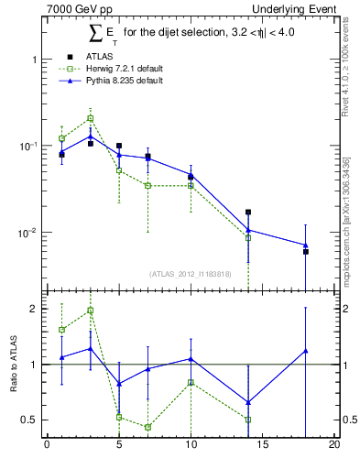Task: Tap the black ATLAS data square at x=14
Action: (248, 213)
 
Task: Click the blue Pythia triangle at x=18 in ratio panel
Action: (305, 350)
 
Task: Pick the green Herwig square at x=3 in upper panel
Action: (91, 118)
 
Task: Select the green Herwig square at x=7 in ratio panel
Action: (147, 427)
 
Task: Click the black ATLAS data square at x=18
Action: (305, 251)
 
